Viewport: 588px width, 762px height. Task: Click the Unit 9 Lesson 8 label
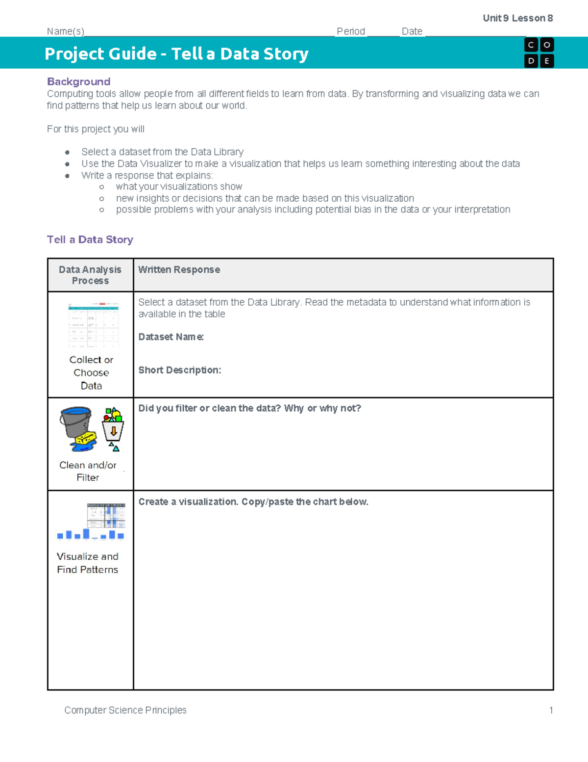tap(517, 18)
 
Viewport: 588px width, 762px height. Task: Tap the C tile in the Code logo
tap(531, 45)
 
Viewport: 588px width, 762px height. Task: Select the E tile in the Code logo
tap(547, 61)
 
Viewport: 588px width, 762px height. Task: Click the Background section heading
tap(78, 81)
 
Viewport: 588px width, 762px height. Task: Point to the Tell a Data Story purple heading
tap(90, 239)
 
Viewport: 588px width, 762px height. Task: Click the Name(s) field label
tap(66, 31)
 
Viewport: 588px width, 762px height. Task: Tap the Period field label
tap(351, 31)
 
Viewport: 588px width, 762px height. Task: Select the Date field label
tap(412, 31)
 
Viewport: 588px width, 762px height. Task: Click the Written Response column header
tap(179, 269)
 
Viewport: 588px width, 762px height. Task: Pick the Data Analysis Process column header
tap(90, 275)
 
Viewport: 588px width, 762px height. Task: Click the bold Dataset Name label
tap(171, 337)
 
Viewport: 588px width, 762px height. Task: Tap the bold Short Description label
tap(179, 370)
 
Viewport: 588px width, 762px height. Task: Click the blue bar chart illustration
tap(91, 534)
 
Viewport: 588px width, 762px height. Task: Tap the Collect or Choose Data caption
tap(91, 372)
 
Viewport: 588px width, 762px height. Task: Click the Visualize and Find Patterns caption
tap(88, 563)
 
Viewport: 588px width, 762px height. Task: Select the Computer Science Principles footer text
tap(125, 710)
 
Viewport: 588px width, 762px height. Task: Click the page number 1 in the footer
tap(551, 710)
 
